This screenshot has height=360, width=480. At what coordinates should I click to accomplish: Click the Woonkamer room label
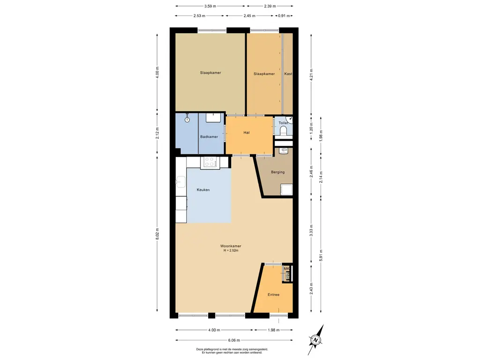pos(231,246)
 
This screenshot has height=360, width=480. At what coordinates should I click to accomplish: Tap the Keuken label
pos(203,190)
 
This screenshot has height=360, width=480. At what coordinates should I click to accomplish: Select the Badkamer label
pos(209,137)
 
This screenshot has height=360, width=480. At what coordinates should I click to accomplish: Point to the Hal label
pos(247,133)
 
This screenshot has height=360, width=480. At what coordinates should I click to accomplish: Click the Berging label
pos(277,172)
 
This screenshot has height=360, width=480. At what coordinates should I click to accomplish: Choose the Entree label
pos(273,295)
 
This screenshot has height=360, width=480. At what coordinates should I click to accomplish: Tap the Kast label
pos(288,74)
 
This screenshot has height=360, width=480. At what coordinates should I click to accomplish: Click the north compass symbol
pos(315,340)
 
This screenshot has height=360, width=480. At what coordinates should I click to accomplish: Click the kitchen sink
pos(180,182)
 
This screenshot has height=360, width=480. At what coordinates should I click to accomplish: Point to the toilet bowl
pos(284,131)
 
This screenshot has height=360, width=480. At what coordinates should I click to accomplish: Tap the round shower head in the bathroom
pos(187,120)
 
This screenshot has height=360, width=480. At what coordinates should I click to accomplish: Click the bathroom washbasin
pos(213,118)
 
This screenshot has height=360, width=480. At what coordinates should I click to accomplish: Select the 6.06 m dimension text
pos(234,340)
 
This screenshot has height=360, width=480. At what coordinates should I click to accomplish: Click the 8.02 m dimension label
pos(157,234)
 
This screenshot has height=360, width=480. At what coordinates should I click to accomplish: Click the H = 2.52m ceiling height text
pos(231,250)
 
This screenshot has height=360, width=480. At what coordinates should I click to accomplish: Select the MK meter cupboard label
pos(286,269)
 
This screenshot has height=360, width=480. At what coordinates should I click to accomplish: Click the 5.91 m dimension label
pos(321,255)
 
